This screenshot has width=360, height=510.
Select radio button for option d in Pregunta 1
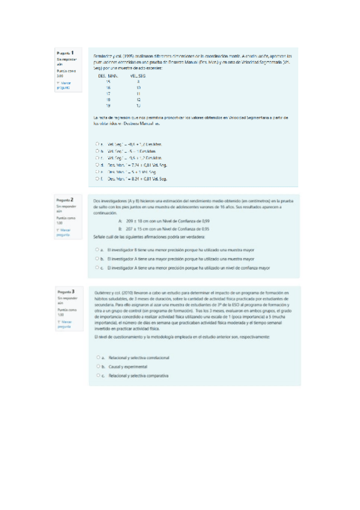pos(97,164)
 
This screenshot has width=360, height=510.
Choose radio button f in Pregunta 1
pos(97,179)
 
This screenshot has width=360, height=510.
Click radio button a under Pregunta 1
pos(97,144)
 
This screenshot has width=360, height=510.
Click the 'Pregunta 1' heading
pos(65,54)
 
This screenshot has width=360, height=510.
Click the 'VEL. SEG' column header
pos(138,76)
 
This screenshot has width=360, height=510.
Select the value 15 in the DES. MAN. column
pos(108,82)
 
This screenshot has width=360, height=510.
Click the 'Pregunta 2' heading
pos(65,199)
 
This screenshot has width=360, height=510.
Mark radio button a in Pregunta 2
pos(97,250)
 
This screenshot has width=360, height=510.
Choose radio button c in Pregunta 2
pos(97,267)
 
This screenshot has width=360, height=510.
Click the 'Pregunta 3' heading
pos(65,292)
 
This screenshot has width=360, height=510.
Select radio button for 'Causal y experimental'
pos(97,366)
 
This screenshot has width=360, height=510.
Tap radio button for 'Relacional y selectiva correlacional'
pos(97,357)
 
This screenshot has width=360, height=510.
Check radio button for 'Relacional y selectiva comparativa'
pos(97,376)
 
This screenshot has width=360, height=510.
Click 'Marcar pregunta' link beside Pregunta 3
pos(63,324)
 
